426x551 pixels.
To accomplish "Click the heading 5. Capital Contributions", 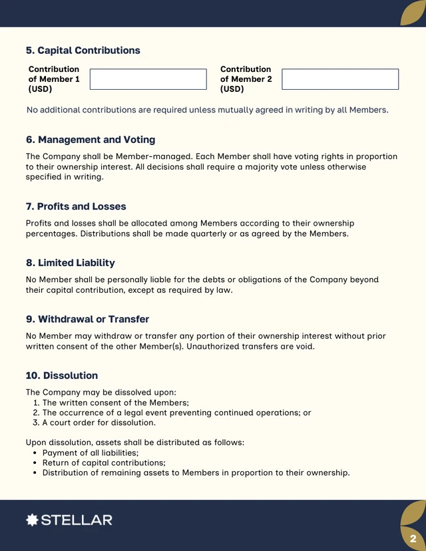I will point(83,51).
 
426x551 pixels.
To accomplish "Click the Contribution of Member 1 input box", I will point(148,79).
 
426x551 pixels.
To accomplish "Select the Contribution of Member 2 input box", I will point(339,79).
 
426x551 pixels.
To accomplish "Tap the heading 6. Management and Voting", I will point(91,140).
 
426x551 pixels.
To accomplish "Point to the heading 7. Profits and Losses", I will point(76,206).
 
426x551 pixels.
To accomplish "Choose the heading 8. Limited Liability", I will point(70,263).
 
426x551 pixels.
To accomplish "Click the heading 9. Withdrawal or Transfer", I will point(87,319).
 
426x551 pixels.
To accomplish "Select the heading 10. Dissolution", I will point(62,375).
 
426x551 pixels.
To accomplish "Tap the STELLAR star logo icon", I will point(32,520).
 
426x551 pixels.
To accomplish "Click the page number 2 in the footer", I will point(413,538).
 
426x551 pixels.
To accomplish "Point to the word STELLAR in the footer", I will point(77,520).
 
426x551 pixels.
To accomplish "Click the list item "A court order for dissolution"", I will point(99,423).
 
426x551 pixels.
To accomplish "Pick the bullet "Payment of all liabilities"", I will point(91,453).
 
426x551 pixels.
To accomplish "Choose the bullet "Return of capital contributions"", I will point(104,462).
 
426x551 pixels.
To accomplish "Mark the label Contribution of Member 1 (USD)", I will point(54,79).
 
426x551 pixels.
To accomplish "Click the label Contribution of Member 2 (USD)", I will point(246,79).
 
